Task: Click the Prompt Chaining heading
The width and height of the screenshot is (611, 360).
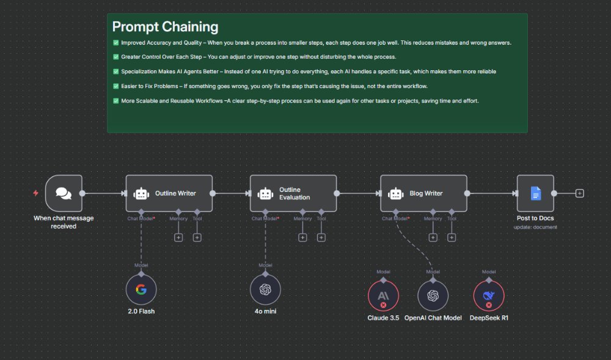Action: point(165,27)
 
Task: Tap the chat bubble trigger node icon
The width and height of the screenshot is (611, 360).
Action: point(64,193)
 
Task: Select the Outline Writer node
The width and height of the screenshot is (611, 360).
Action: point(169,193)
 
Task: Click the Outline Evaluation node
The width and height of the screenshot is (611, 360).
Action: point(293,193)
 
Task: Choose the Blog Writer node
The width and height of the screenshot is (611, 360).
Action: point(423,193)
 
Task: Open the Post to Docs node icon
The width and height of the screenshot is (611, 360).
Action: point(535,193)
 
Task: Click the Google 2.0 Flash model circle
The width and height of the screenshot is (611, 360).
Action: point(141,290)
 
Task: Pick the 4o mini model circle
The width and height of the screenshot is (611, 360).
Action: point(266,290)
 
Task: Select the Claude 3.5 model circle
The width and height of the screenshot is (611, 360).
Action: point(383,296)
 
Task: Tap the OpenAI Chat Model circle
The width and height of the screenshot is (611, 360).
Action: point(433,296)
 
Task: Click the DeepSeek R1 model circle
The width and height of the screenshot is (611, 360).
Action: point(489,296)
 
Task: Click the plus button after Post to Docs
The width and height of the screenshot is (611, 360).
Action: point(580,193)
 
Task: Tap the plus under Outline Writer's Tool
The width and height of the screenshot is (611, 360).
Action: point(197,237)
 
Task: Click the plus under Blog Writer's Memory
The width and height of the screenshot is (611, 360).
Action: point(433,237)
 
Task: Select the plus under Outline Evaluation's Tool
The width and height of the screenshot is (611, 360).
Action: point(321,237)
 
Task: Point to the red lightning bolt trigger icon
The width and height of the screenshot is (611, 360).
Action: point(35,193)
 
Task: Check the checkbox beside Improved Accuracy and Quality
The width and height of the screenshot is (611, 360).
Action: point(116,43)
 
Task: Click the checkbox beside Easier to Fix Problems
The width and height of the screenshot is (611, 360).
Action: point(116,86)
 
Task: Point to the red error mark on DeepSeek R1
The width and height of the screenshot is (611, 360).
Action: point(489,304)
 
